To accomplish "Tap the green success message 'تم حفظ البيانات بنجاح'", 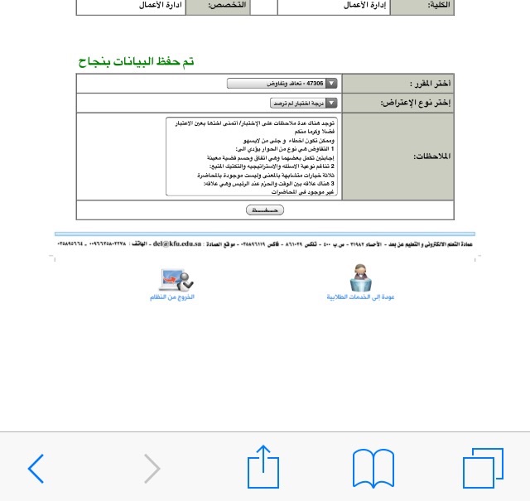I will tap(136, 61).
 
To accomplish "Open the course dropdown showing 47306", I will tap(282, 84).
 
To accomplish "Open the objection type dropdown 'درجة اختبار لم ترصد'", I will tap(304, 103).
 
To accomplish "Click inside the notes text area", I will tap(253, 157).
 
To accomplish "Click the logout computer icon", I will tap(175, 279).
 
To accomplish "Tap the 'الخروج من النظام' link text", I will tap(172, 297).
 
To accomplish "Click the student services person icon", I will tap(360, 277).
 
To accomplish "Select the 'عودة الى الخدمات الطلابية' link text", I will tap(360, 296).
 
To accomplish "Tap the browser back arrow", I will tap(36, 469).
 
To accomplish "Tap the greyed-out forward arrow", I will tap(152, 469).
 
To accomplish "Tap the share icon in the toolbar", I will tap(263, 467).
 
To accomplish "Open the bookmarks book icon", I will tap(373, 469).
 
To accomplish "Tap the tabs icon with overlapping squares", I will tap(483, 469).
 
